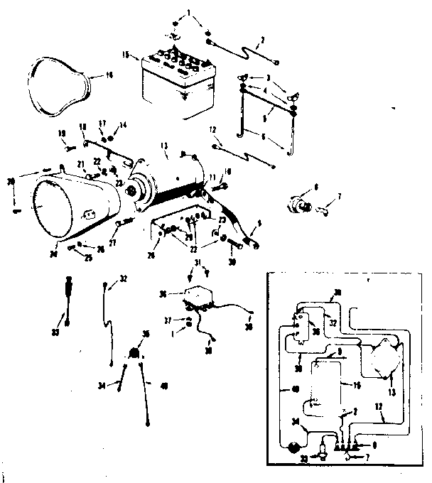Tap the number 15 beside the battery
click(126, 55)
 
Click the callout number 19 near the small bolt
click(62, 133)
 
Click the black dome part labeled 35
click(135, 353)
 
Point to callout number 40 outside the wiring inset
click(164, 386)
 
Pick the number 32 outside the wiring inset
click(124, 278)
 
